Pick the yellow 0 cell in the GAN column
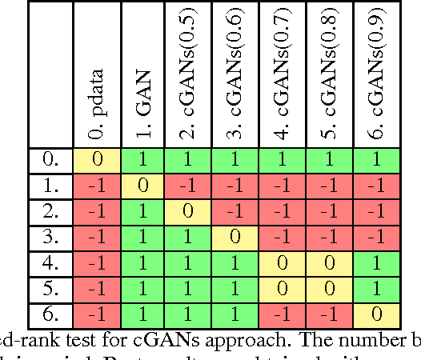pos(143,186)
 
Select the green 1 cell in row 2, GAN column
pos(143,211)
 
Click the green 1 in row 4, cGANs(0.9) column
pos(376,263)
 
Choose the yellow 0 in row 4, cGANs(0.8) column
pos(329,263)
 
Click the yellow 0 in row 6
pos(376,314)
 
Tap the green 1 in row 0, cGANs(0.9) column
pos(376,159)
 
